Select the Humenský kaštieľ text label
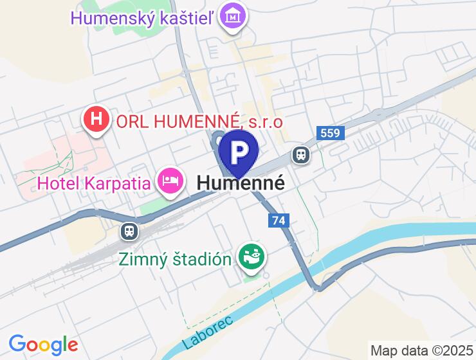tap(143, 18)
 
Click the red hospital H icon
tap(96, 120)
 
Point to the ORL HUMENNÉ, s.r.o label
tap(199, 120)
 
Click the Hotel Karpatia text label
tap(95, 183)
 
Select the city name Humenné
tap(241, 183)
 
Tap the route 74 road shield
tap(279, 221)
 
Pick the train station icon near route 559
tap(300, 154)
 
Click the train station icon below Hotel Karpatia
tap(129, 231)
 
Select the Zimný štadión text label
tap(175, 259)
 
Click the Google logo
tap(43, 345)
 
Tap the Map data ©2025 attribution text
tap(421, 351)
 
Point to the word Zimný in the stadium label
tap(142, 259)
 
